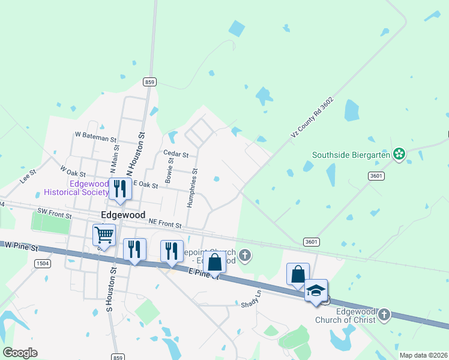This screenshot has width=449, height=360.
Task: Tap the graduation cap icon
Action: click(316, 290)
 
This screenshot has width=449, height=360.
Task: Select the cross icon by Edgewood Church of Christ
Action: click(384, 314)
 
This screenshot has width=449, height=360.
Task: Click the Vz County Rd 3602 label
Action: click(312, 118)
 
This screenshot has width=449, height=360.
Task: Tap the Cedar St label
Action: click(176, 154)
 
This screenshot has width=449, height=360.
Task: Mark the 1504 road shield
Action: click(42, 263)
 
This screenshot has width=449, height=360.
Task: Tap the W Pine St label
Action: click(22, 247)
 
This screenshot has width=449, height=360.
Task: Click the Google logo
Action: click(20, 353)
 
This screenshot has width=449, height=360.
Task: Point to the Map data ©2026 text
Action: click(423, 355)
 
